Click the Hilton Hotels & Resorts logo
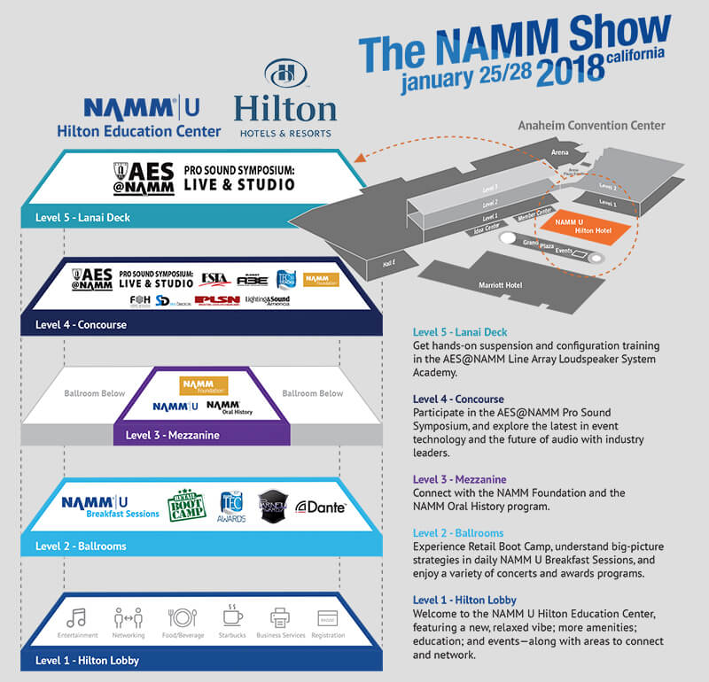(284, 100)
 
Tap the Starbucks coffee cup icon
(232, 618)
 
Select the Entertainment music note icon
(76, 618)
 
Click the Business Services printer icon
(280, 618)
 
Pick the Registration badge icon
(328, 618)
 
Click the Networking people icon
(128, 618)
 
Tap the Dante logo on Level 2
(320, 507)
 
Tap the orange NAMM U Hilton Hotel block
(580, 224)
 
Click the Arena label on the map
(559, 152)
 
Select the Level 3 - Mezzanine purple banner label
(172, 435)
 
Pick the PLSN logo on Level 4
(218, 301)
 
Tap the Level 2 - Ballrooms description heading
(460, 533)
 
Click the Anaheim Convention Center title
(591, 126)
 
